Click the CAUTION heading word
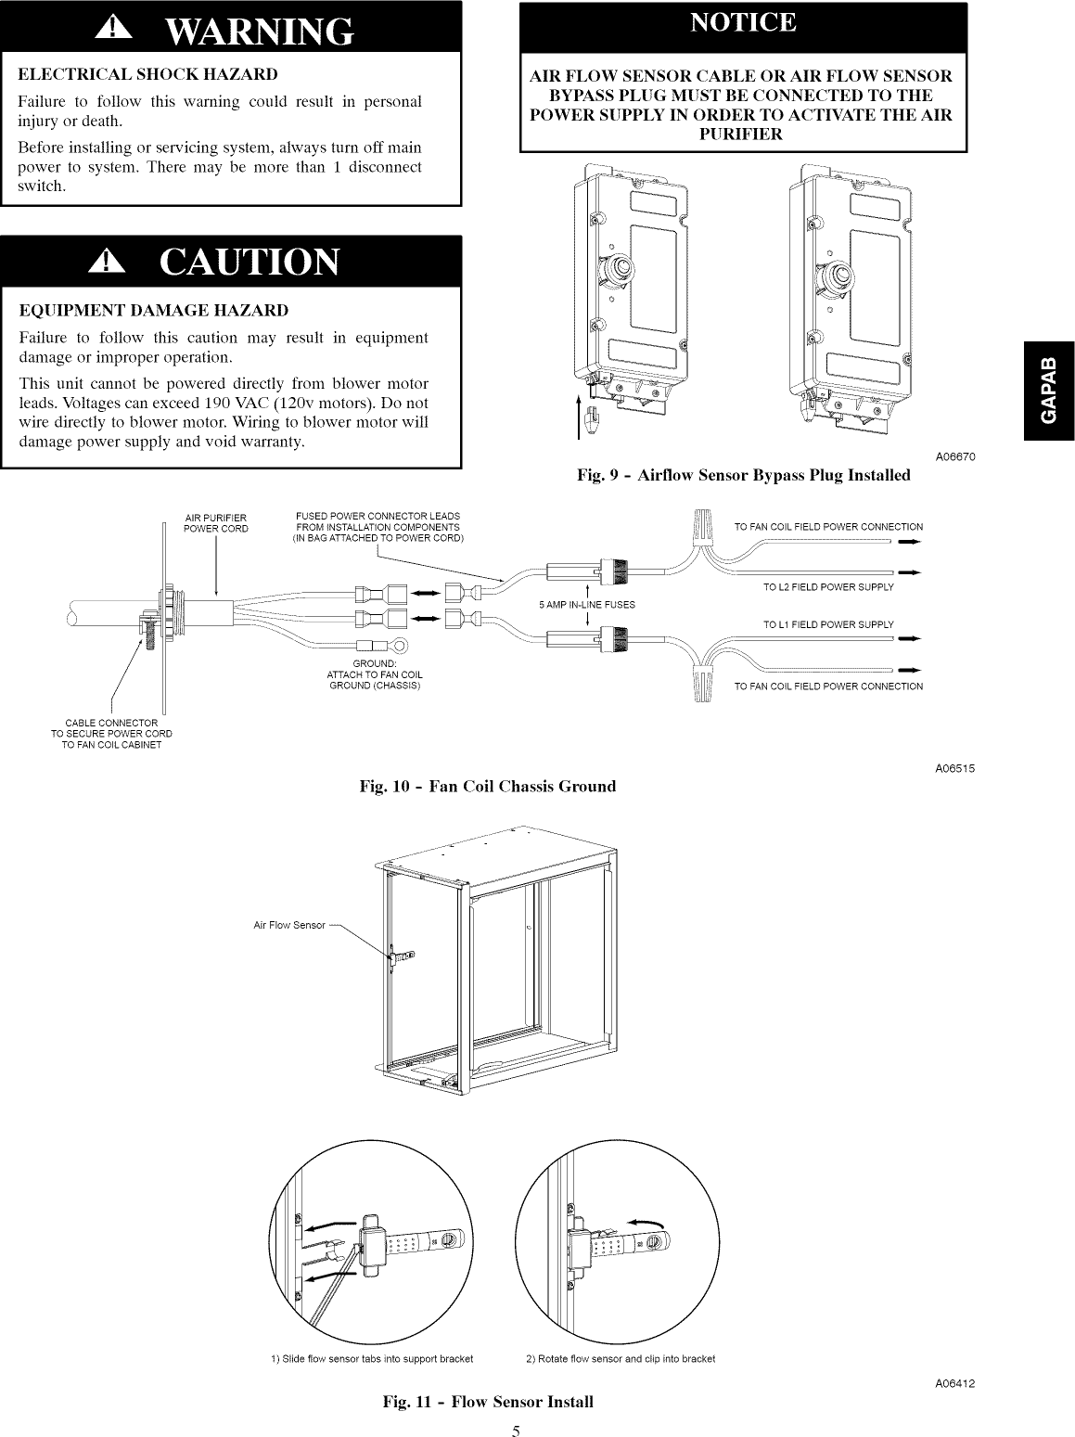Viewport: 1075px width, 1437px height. point(250,263)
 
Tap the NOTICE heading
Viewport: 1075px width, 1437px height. point(743,23)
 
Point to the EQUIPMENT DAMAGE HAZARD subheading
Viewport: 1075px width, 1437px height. point(153,309)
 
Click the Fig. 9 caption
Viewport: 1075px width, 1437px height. point(743,475)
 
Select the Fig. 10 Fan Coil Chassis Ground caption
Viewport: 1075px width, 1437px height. point(488,786)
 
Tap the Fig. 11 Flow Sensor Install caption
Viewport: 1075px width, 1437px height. point(488,1401)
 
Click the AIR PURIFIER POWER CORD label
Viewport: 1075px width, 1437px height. point(215,523)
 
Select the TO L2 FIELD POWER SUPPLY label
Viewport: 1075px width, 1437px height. point(827,587)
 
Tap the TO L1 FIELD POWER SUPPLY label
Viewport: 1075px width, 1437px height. point(827,624)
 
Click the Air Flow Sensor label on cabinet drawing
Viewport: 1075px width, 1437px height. point(289,925)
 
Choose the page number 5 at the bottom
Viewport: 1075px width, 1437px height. point(515,1429)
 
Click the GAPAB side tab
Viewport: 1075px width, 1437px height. point(1049,391)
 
